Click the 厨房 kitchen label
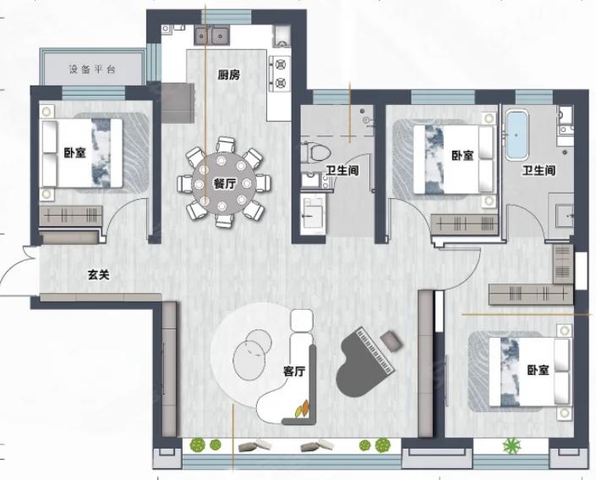pyautogui.click(x=229, y=75)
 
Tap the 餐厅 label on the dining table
pyautogui.click(x=225, y=185)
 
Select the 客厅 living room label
pyautogui.click(x=294, y=371)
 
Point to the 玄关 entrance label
pyautogui.click(x=99, y=275)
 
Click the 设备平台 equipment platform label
pyautogui.click(x=92, y=69)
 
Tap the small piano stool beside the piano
pyautogui.click(x=391, y=340)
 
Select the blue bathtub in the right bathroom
pyautogui.click(x=516, y=135)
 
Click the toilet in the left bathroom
pyautogui.click(x=316, y=152)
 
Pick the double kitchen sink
pyautogui.click(x=211, y=35)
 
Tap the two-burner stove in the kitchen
pyautogui.click(x=280, y=74)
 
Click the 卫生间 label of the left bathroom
pyautogui.click(x=342, y=170)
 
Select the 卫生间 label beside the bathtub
pyautogui.click(x=539, y=170)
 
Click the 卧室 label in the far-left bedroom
pyautogui.click(x=75, y=153)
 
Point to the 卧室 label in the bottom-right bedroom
pyautogui.click(x=538, y=370)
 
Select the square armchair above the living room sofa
pyautogui.click(x=302, y=320)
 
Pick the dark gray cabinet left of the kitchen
pyautogui.click(x=178, y=102)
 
